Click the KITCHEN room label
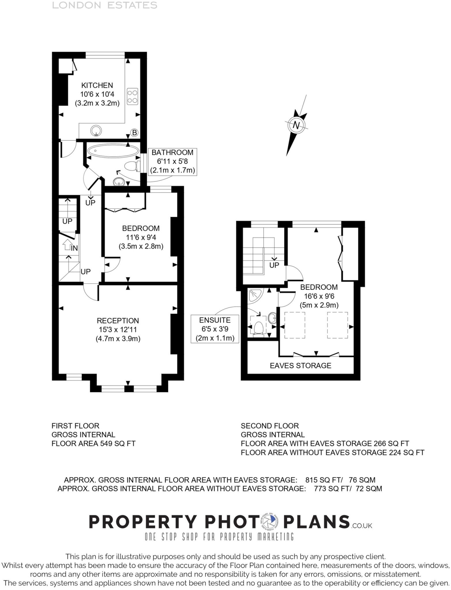pos(97,85)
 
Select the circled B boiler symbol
pos(134,133)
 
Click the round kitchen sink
pos(96,131)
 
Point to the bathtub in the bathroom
pos(113,150)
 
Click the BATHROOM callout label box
pos(172,161)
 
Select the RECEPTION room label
pos(118,321)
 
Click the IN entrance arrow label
pos(74,248)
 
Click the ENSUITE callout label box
pos(215,329)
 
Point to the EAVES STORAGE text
pos(300,366)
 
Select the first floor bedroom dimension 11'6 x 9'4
pos(141,237)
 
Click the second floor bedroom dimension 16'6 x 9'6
pos(319,296)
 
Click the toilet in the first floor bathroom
pos(132,166)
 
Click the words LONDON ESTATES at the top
pos(104,5)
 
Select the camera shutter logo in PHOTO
pos(270,522)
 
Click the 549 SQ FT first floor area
pos(117,443)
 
